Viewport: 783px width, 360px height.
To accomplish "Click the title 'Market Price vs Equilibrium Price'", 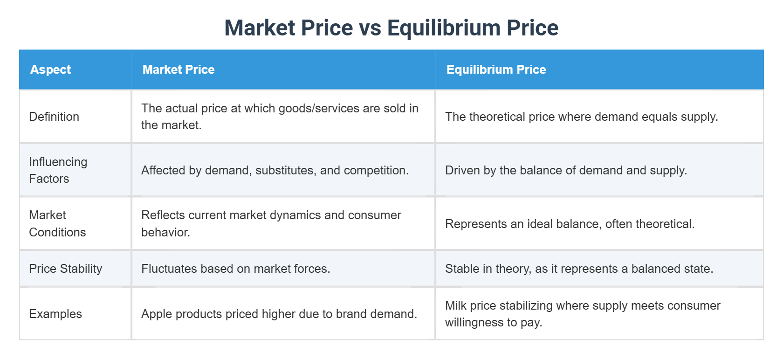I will (x=391, y=28).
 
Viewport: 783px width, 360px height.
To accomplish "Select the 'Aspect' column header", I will (x=50, y=69).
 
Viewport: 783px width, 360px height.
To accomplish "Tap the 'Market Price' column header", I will (x=179, y=69).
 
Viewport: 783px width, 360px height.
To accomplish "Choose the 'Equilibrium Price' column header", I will (x=496, y=69).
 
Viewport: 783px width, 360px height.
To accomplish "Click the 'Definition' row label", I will (x=54, y=117).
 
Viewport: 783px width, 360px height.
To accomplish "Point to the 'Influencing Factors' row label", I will (x=58, y=170).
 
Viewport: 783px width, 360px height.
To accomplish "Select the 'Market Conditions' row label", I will (x=57, y=223).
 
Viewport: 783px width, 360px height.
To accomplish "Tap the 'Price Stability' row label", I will (x=65, y=269).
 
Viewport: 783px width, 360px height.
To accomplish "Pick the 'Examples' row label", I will (x=55, y=314).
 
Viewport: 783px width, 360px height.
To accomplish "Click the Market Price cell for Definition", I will (x=280, y=117).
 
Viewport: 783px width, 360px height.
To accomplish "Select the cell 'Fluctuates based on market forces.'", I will (x=235, y=269).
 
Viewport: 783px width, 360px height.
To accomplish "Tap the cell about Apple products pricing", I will (x=279, y=314).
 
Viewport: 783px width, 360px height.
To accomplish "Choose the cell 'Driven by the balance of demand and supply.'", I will (x=566, y=170).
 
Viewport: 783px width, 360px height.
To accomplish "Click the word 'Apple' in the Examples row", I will (x=156, y=314).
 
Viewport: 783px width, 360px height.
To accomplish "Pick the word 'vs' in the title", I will (x=370, y=28).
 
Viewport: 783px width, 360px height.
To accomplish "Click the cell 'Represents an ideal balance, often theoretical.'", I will (x=570, y=224).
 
